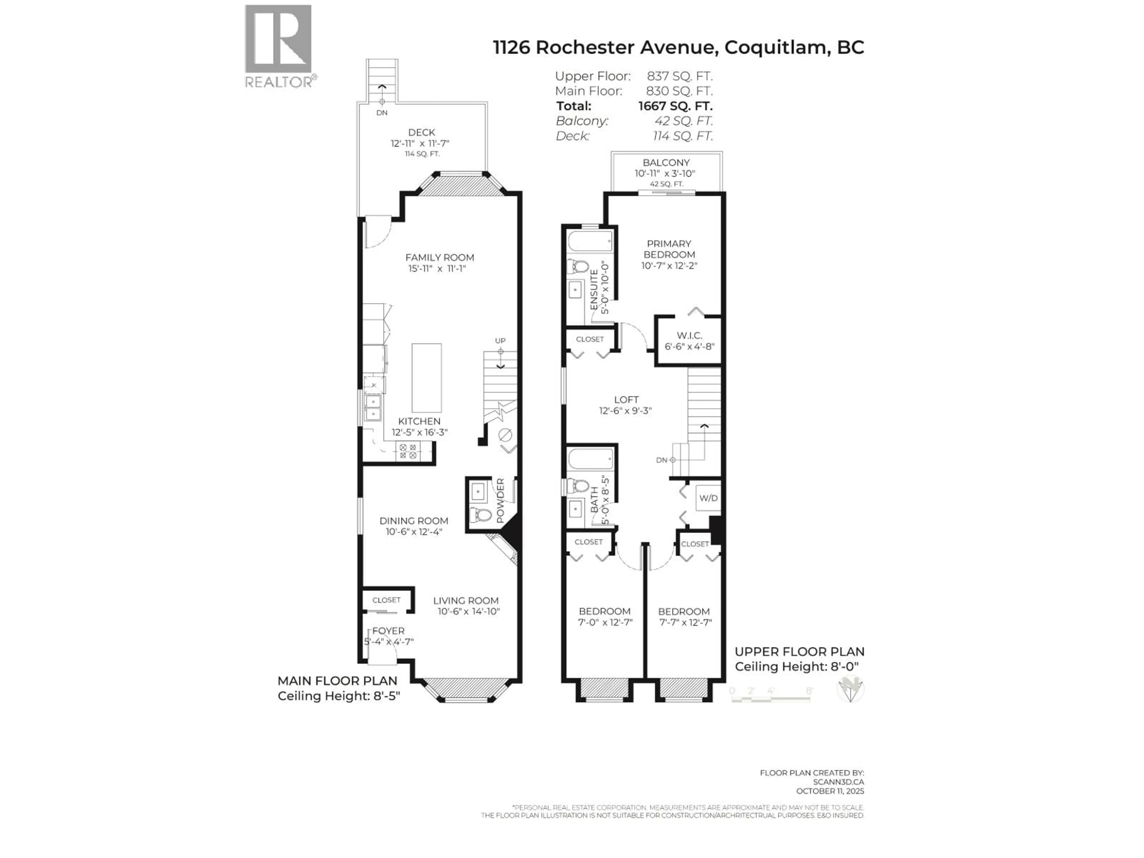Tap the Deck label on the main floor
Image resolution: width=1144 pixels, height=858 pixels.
click(422, 132)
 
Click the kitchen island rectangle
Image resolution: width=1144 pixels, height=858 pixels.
click(427, 377)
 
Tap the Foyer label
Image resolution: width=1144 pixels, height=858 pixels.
click(388, 631)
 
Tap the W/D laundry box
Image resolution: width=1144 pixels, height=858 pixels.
click(708, 498)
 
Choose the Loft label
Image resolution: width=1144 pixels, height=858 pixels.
click(626, 399)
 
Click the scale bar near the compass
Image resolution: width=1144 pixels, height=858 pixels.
click(771, 698)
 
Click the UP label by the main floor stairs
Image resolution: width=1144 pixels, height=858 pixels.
click(500, 340)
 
